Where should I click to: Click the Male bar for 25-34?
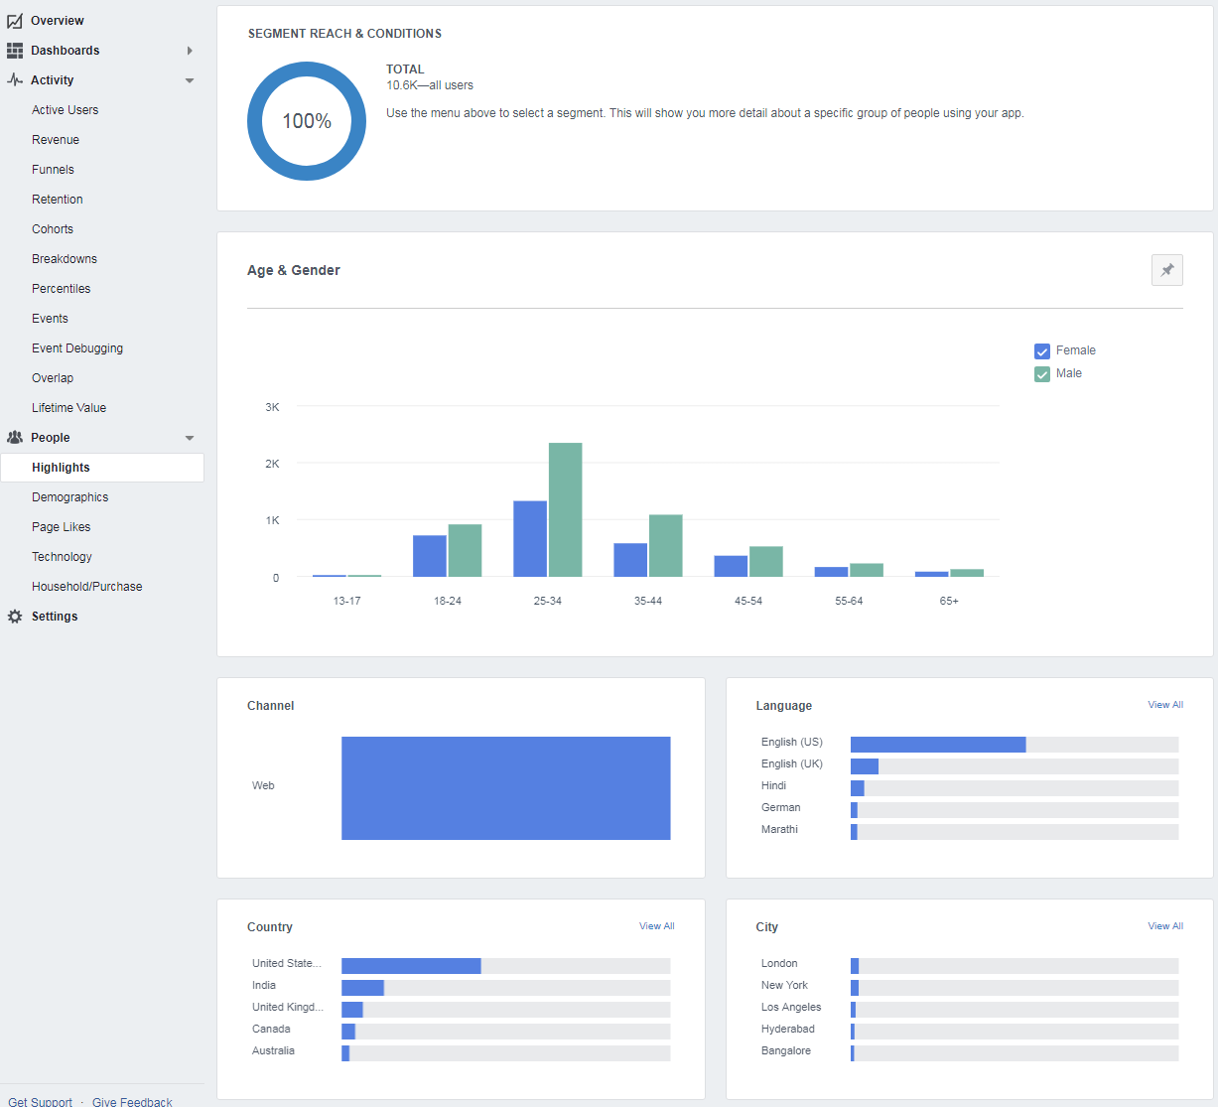tap(565, 509)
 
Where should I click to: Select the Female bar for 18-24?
tap(429, 556)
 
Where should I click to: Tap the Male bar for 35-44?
tap(665, 545)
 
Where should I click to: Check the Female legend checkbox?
tap(1042, 351)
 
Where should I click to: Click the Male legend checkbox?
tap(1042, 374)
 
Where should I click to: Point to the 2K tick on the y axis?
tap(272, 464)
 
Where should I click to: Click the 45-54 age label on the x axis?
tap(748, 601)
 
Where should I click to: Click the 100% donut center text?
tap(307, 121)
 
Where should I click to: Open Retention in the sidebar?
tap(58, 200)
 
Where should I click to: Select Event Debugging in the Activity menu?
tap(77, 348)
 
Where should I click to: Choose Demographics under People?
tap(70, 497)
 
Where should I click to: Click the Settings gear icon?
tap(15, 617)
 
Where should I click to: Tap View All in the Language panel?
tap(1165, 705)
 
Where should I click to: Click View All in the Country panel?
tap(656, 926)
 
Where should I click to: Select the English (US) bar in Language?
tap(937, 745)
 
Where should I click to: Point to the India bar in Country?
tap(362, 988)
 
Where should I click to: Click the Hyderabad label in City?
tap(787, 1029)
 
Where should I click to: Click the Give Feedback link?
tap(132, 1101)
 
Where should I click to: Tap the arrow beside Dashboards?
tap(190, 51)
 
